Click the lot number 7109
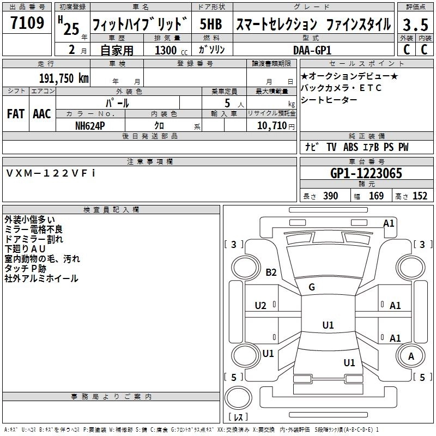click(x=27, y=23)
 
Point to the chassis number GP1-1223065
click(x=366, y=173)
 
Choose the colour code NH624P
click(x=90, y=125)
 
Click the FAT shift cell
click(x=15, y=114)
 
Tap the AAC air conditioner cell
click(x=41, y=114)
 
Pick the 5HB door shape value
click(x=210, y=25)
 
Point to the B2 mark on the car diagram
click(x=271, y=272)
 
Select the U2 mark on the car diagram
click(x=261, y=306)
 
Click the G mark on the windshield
click(x=312, y=287)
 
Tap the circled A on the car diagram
click(x=411, y=356)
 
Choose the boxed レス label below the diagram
click(x=238, y=418)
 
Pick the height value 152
click(x=420, y=196)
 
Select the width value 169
click(x=376, y=196)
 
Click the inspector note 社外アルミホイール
click(x=41, y=278)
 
